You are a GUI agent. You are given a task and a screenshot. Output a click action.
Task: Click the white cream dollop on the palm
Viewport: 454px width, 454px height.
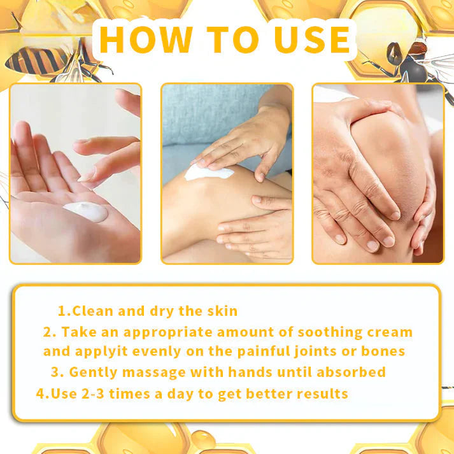(x=86, y=211)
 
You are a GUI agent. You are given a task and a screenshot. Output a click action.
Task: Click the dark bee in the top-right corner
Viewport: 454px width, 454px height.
(x=408, y=60)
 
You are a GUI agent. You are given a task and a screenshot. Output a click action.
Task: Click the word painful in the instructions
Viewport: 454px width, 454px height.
(x=261, y=351)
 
